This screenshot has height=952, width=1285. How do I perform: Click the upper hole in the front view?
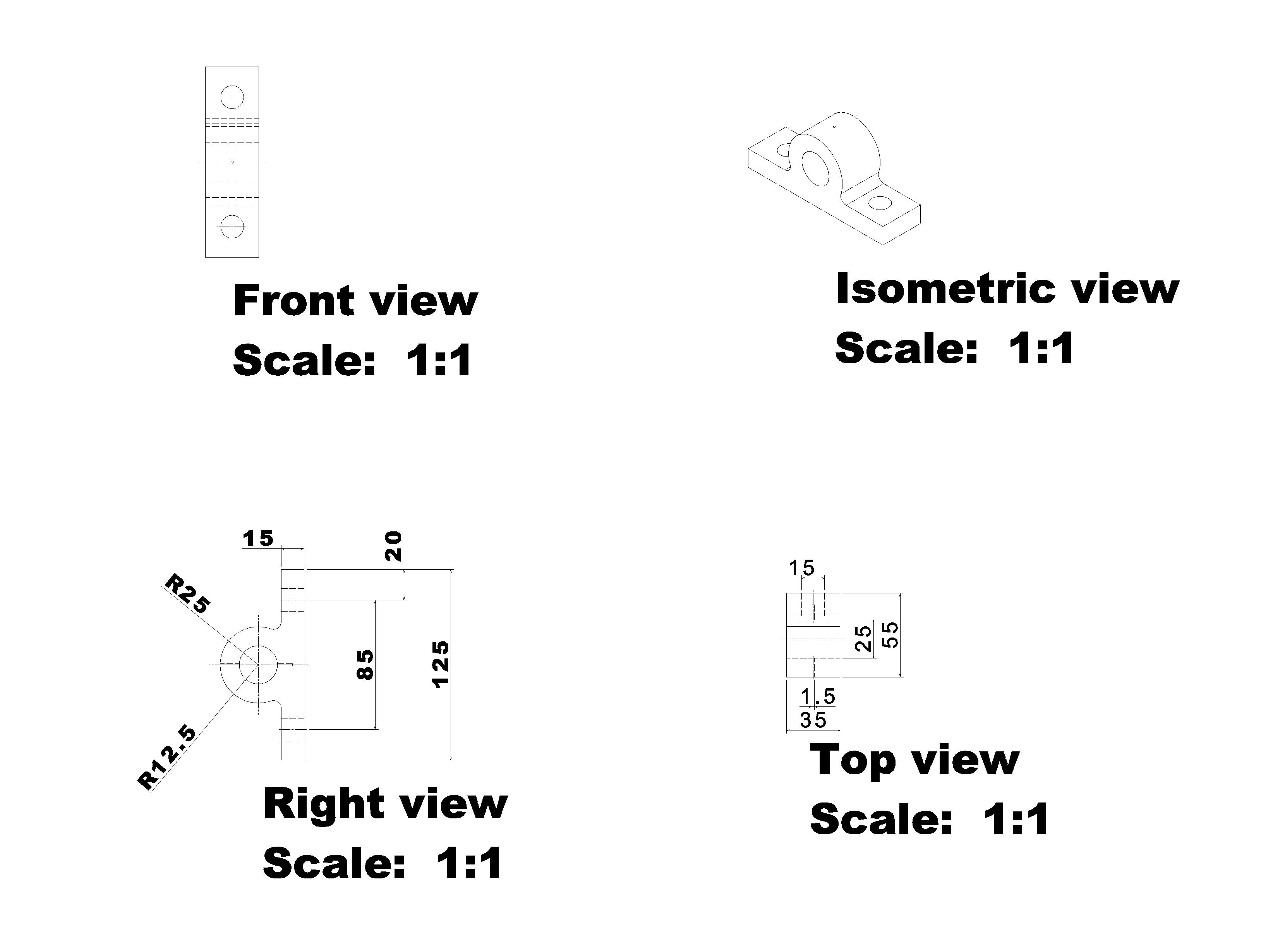pos(232,96)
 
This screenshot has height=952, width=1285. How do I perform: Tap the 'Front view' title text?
pos(355,301)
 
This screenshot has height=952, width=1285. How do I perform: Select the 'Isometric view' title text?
pos(1007,289)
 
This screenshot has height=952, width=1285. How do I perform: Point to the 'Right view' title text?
pos(385,804)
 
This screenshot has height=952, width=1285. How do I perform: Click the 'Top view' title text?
pos(914,760)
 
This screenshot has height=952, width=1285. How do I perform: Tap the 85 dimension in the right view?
pos(365,665)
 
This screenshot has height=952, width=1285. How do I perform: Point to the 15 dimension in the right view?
pos(257,538)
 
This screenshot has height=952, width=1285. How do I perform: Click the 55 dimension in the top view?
pos(890,634)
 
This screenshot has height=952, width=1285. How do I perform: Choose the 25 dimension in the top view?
pos(863,639)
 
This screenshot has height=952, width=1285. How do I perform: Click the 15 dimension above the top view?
pos(801,568)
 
